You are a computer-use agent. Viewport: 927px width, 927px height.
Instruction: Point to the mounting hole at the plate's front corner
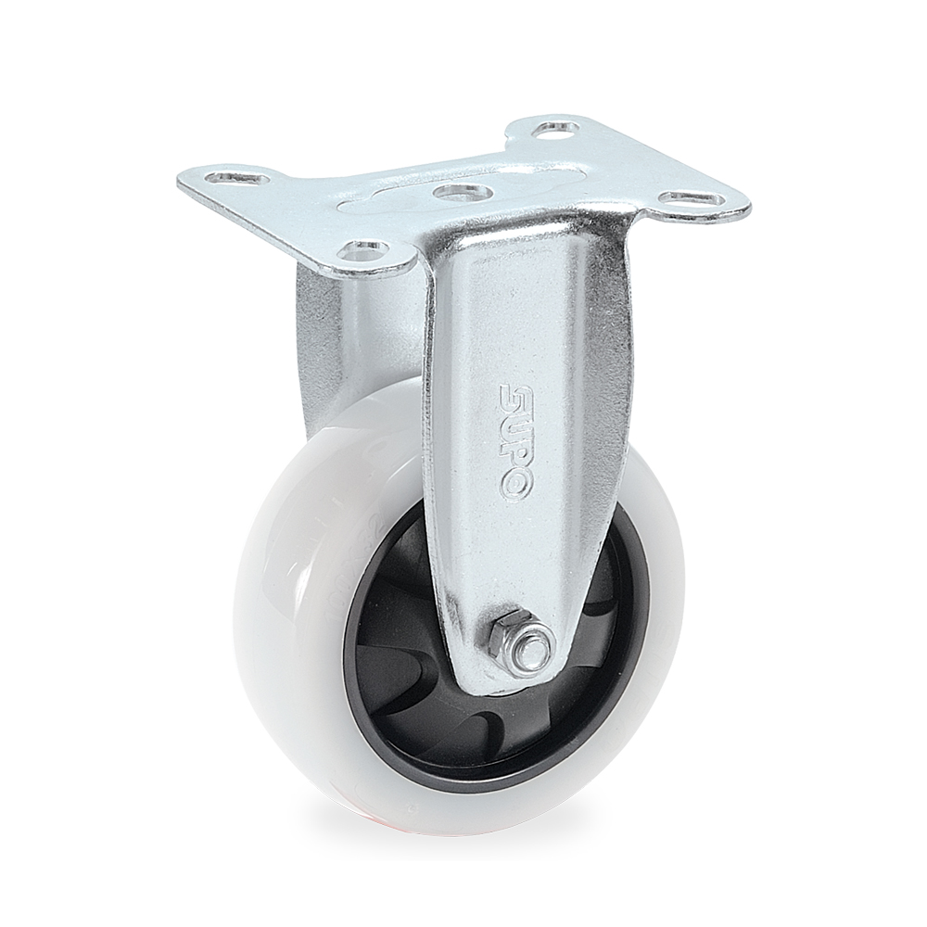point(361,248)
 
